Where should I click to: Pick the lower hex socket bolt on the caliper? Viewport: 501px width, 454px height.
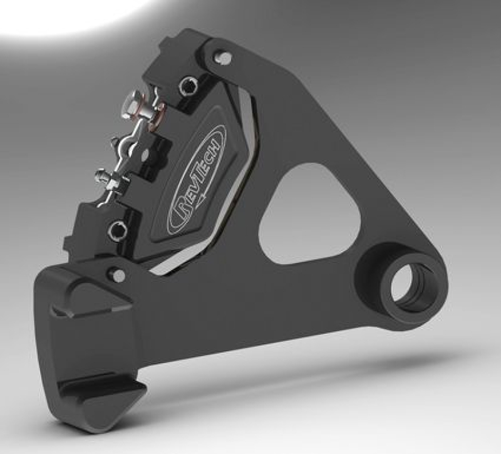click(114, 231)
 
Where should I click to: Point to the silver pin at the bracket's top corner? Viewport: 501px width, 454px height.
click(223, 58)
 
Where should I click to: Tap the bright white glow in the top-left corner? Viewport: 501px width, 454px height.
click(69, 13)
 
